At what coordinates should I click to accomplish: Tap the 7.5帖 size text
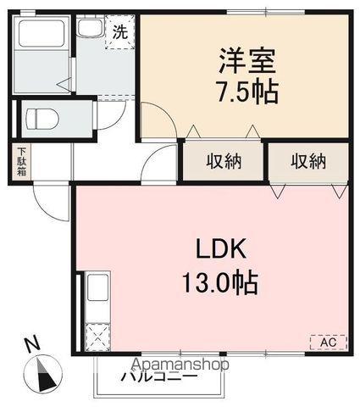[247, 91]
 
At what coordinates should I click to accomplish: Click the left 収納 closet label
[223, 161]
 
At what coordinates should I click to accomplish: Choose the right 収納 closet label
[307, 161]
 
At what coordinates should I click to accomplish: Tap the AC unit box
[328, 343]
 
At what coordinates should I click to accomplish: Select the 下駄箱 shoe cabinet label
[20, 162]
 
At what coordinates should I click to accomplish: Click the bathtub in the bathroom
[39, 37]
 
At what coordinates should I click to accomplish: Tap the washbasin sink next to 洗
[91, 29]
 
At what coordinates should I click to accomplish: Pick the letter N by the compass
[31, 345]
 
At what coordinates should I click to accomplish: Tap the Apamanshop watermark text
[180, 363]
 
